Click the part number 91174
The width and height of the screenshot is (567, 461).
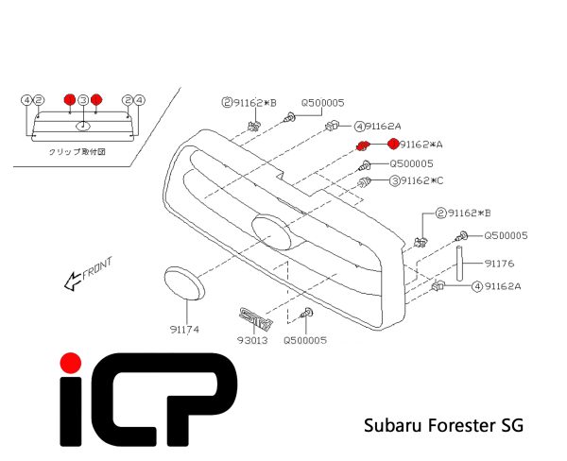point(184,330)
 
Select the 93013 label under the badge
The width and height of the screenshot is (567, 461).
point(252,340)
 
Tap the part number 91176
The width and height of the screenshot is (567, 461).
point(499,264)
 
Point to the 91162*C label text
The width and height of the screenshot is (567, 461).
point(422,180)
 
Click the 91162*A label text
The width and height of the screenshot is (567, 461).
point(421,145)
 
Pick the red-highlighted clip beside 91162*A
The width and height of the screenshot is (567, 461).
point(362,145)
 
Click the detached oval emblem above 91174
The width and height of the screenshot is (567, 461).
point(184,283)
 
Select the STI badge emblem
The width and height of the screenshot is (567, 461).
point(256,319)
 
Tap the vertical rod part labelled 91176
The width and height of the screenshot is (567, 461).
point(459,264)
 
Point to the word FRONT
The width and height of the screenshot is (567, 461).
point(97,268)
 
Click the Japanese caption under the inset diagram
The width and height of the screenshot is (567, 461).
point(77,152)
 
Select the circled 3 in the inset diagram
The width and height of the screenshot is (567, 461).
point(83,100)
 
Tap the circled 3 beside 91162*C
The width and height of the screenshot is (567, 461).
point(395,180)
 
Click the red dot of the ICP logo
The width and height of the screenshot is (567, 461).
point(71,363)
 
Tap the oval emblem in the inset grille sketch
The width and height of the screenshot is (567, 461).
point(83,126)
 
